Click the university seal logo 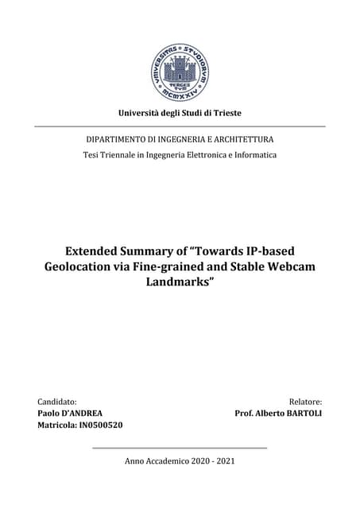point(180,72)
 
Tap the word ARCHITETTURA point(239,139)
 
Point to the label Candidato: point(57,402)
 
